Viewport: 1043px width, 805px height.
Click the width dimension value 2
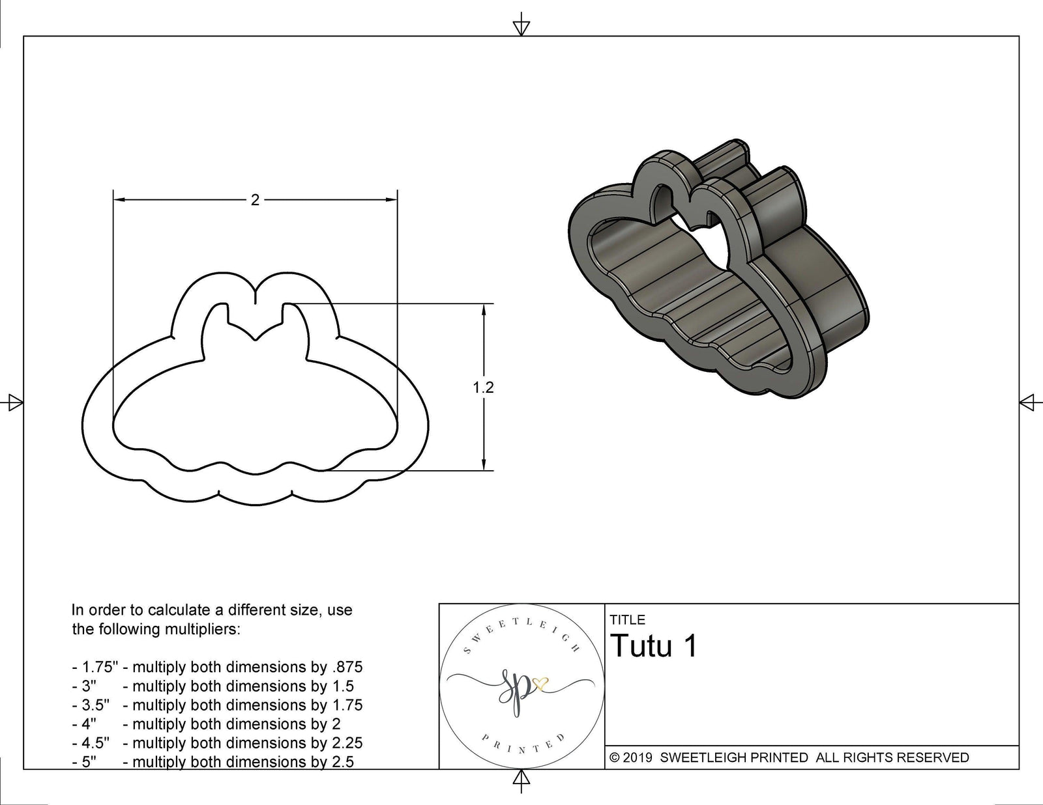click(x=255, y=200)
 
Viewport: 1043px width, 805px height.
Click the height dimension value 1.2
click(x=483, y=388)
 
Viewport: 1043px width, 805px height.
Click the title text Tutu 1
click(x=654, y=646)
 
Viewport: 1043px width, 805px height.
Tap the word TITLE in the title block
click(x=627, y=620)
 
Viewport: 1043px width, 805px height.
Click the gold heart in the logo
click(x=540, y=684)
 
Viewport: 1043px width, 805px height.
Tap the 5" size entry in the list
click(x=89, y=762)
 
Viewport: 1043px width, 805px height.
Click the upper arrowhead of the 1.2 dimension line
click(x=484, y=310)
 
